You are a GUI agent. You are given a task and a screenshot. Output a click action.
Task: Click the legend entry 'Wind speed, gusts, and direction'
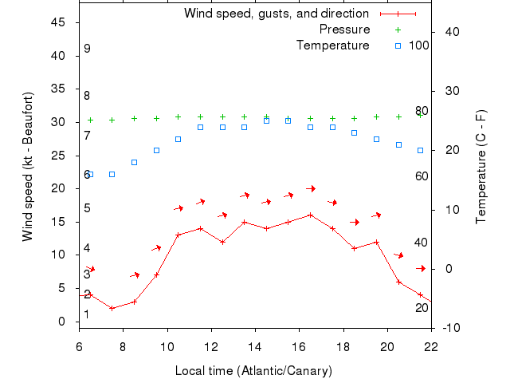(x=277, y=14)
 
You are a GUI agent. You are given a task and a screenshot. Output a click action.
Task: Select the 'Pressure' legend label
(x=344, y=30)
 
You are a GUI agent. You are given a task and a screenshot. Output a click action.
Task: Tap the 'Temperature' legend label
(x=333, y=45)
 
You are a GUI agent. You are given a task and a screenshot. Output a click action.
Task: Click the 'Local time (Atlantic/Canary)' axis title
(x=253, y=371)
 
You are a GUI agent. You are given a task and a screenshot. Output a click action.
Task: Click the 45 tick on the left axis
(x=57, y=22)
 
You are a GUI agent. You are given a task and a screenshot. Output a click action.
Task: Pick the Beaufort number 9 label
(x=87, y=49)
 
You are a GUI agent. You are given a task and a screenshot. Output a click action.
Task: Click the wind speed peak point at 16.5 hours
(x=310, y=215)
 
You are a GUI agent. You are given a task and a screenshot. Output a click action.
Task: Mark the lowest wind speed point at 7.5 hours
(x=112, y=308)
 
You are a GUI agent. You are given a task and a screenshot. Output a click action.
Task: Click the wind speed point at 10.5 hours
(x=178, y=235)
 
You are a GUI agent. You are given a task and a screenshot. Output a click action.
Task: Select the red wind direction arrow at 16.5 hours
(x=311, y=189)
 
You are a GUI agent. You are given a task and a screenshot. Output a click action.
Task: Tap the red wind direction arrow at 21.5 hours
(x=421, y=269)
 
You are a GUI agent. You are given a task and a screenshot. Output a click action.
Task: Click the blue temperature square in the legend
(x=398, y=45)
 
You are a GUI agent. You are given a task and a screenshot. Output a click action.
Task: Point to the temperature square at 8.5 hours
(x=134, y=162)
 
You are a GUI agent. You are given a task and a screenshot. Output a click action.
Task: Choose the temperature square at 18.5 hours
(x=355, y=132)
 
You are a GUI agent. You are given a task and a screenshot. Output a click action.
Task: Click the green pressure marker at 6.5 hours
(x=90, y=120)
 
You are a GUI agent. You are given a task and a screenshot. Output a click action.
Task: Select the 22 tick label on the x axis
(x=431, y=347)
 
